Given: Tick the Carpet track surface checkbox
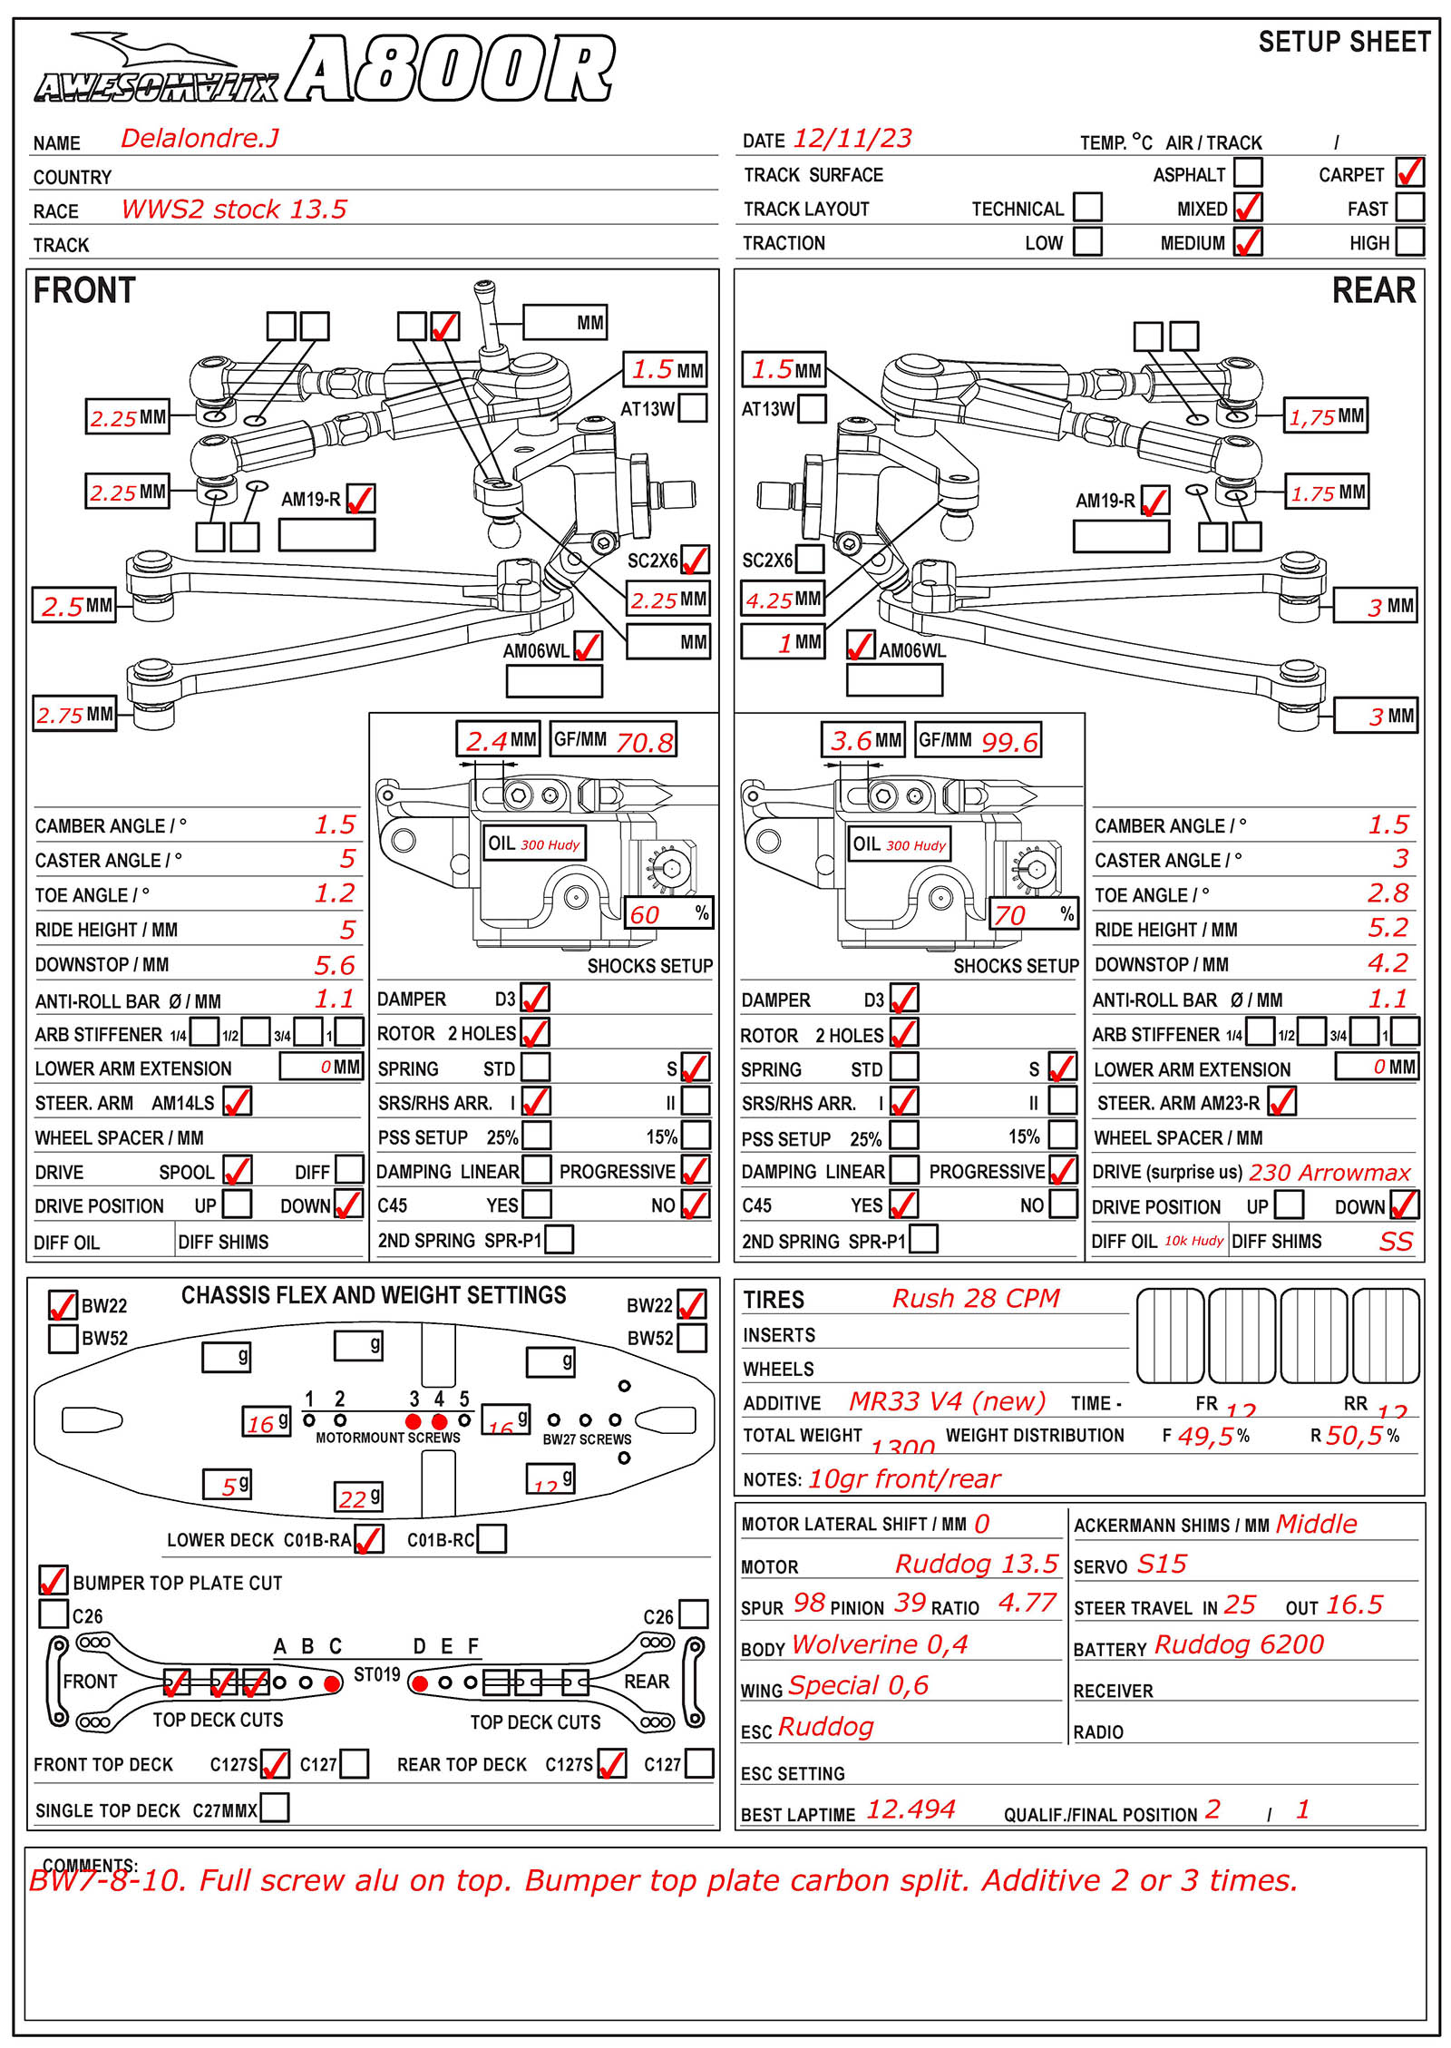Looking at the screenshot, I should [1409, 172].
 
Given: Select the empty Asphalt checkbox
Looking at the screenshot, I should [1248, 172].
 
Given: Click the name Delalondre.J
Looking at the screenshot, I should [200, 138].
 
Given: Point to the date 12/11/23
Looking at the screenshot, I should [852, 138].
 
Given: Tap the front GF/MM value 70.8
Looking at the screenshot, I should [644, 742].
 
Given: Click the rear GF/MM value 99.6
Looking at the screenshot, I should [1008, 742].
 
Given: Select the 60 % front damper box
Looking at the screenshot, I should [668, 913].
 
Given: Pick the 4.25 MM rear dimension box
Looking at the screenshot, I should [784, 600].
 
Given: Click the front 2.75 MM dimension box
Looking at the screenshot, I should [75, 715].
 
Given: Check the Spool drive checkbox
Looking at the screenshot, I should [238, 1170].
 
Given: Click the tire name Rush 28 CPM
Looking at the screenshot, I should [976, 1298].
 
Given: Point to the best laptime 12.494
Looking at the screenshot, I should [910, 1809].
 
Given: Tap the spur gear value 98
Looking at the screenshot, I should [809, 1603].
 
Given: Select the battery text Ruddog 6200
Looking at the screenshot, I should [1239, 1644].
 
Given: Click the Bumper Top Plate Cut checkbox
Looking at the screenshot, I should [54, 1580].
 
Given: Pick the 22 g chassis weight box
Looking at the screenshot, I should [359, 1497].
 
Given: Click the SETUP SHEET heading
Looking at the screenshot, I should [1344, 42].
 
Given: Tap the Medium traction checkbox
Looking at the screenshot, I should [1248, 241].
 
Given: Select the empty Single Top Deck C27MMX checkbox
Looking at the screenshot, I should [275, 1808].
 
